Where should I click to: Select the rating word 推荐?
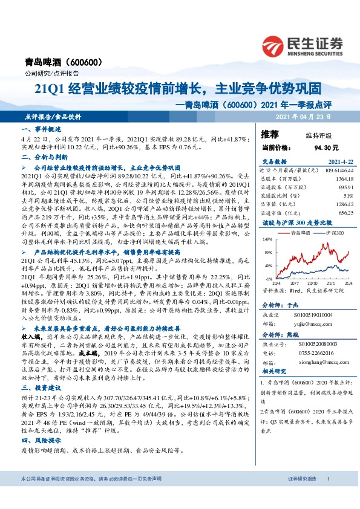(270, 134)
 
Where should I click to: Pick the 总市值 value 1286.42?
(327, 204)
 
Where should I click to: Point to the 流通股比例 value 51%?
(331, 196)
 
